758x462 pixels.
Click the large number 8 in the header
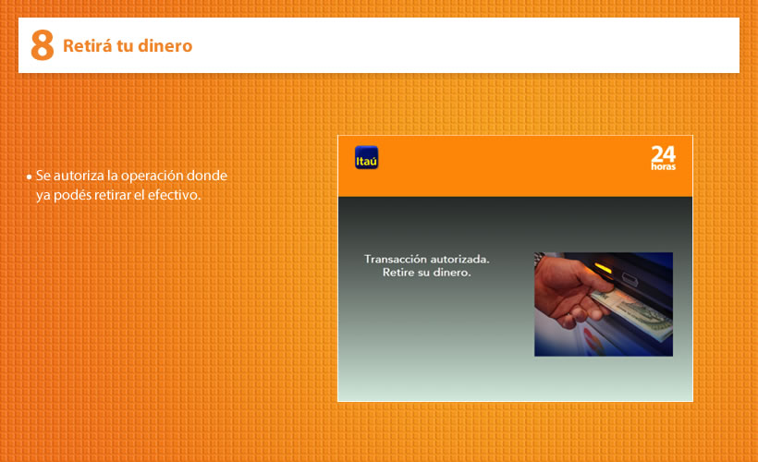pyautogui.click(x=42, y=45)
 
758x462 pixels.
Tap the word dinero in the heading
pyautogui.click(x=165, y=46)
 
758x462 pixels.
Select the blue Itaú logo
pyautogui.click(x=366, y=158)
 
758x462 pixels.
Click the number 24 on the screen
pyautogui.click(x=663, y=153)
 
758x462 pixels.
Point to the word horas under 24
pyautogui.click(x=664, y=166)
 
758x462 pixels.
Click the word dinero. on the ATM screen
pyautogui.click(x=451, y=273)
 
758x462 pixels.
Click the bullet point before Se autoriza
pyautogui.click(x=29, y=176)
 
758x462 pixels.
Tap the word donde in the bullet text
pyautogui.click(x=207, y=175)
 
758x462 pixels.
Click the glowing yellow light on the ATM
pyautogui.click(x=603, y=267)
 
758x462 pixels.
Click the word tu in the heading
pyautogui.click(x=125, y=46)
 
